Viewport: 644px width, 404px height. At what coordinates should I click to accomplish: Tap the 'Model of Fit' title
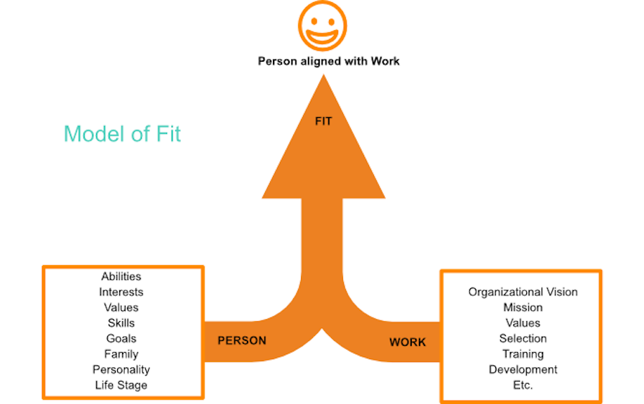122,134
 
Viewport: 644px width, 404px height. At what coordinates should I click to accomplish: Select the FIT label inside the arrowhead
323,121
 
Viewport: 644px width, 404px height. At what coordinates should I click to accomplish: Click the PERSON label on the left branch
242,341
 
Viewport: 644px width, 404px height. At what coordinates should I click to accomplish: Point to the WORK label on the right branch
408,342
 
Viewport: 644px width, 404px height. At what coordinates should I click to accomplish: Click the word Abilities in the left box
121,277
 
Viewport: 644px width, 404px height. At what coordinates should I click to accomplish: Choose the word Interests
121,292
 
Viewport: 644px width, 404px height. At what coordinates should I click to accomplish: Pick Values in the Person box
121,307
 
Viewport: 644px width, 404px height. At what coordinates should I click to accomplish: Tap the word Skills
121,323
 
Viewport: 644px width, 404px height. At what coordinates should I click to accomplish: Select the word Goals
121,338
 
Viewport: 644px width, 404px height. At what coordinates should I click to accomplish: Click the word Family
121,354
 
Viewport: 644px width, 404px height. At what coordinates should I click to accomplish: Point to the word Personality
121,370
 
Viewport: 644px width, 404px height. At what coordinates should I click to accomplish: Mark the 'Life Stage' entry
121,385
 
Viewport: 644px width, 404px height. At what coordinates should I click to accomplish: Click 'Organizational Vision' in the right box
523,292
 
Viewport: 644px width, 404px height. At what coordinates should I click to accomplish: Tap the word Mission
523,307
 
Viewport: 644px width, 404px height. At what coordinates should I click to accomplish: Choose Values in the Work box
523,323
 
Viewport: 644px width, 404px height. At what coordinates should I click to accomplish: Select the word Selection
523,338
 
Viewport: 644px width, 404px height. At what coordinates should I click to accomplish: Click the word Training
523,354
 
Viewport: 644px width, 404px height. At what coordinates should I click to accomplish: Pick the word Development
523,370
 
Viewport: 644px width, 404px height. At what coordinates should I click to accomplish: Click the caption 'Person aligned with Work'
329,61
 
